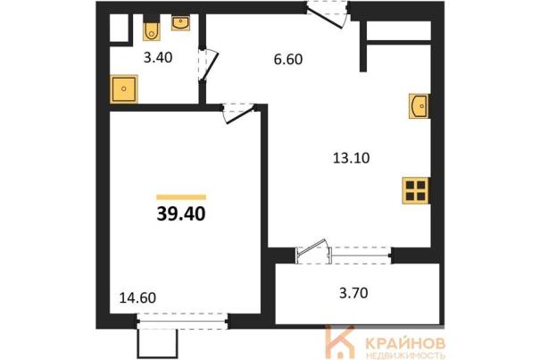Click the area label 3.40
pyautogui.click(x=158, y=57)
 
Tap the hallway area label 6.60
pyautogui.click(x=288, y=59)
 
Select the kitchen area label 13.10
pyautogui.click(x=352, y=158)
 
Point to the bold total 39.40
pyautogui.click(x=181, y=214)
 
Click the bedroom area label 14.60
pyautogui.click(x=137, y=298)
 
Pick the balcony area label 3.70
pyautogui.click(x=353, y=293)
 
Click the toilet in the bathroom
pyautogui.click(x=151, y=29)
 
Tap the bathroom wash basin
pyautogui.click(x=180, y=22)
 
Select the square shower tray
pyautogui.click(x=124, y=89)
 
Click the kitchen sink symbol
pyautogui.click(x=420, y=106)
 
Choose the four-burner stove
pyautogui.click(x=416, y=190)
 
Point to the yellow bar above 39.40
pyautogui.click(x=181, y=197)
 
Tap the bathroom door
pyautogui.click(x=208, y=65)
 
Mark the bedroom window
pyautogui.click(x=182, y=322)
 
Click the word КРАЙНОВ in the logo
pyautogui.click(x=405, y=343)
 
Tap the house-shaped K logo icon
pyautogui.click(x=339, y=342)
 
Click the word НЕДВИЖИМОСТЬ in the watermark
pyautogui.click(x=405, y=356)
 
